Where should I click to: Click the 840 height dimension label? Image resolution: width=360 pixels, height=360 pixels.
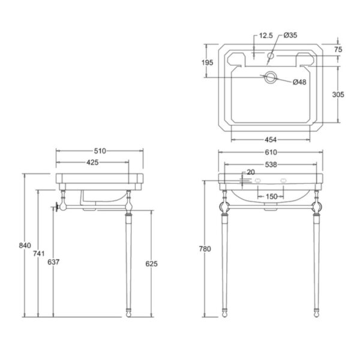coord(25,245)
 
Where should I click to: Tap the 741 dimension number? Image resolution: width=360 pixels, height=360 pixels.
coord(39,254)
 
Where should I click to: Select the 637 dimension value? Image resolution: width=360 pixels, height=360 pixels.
coord(53,262)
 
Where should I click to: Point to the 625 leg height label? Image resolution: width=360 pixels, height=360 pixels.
coord(152,264)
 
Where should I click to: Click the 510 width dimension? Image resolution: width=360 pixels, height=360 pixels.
coord(100,151)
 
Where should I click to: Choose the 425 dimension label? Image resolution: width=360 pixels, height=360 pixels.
coord(92,163)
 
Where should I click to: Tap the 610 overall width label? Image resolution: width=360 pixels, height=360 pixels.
coord(271,152)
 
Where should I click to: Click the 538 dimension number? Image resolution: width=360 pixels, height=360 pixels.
coord(271,164)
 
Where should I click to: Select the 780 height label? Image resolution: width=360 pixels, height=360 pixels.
coord(205,249)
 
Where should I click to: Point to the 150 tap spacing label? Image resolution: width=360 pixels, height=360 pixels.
coord(272,197)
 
